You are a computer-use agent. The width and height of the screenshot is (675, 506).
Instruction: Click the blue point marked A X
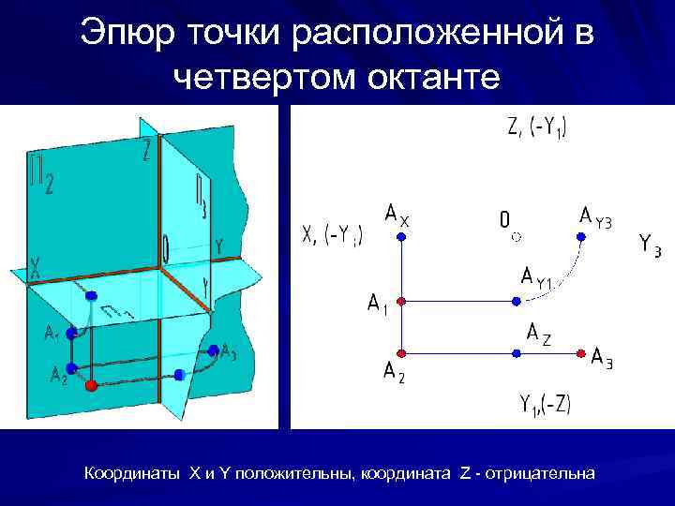pos(401,238)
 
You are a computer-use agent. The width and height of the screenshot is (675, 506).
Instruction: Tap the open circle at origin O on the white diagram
pos(515,238)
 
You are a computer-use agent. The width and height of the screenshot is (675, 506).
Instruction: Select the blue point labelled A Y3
pos(581,238)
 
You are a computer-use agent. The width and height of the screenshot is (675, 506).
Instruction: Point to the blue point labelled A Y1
pos(515,302)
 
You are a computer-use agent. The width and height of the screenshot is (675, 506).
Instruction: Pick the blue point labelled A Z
pos(515,353)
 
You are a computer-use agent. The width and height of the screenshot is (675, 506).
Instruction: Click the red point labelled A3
pos(581,353)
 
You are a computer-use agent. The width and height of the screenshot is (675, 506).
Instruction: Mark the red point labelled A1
pos(401,302)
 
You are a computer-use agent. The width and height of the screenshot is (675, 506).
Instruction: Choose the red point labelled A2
pos(401,353)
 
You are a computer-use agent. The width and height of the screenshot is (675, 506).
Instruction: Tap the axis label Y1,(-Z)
pos(545,404)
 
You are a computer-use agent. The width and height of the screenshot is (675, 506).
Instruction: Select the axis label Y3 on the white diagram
pos(650,245)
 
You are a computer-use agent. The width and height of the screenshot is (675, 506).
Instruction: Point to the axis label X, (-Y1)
pos(333,234)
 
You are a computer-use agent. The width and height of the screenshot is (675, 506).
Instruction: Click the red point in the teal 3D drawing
pos(91,385)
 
